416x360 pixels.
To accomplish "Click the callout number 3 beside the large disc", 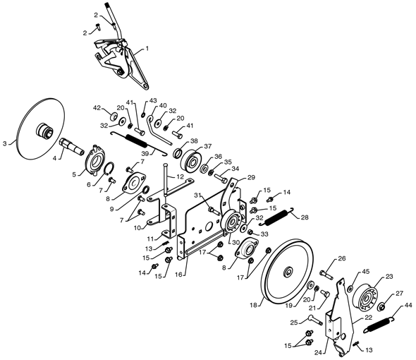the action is tap(4, 144).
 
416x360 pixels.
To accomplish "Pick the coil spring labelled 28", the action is tap(278, 215).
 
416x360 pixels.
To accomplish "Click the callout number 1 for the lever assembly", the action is tap(147, 49).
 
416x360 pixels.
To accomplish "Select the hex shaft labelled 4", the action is tap(71, 147).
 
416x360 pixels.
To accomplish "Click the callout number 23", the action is tap(389, 277).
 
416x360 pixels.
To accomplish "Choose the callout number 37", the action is tap(208, 146).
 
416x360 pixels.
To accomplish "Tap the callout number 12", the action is tap(180, 176).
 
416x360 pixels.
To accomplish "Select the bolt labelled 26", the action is tap(326, 275).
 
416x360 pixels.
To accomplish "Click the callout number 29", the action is tap(251, 177).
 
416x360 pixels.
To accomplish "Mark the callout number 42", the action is tap(97, 108).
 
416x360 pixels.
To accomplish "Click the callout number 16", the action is tap(178, 275).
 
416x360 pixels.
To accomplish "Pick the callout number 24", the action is tap(319, 352).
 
